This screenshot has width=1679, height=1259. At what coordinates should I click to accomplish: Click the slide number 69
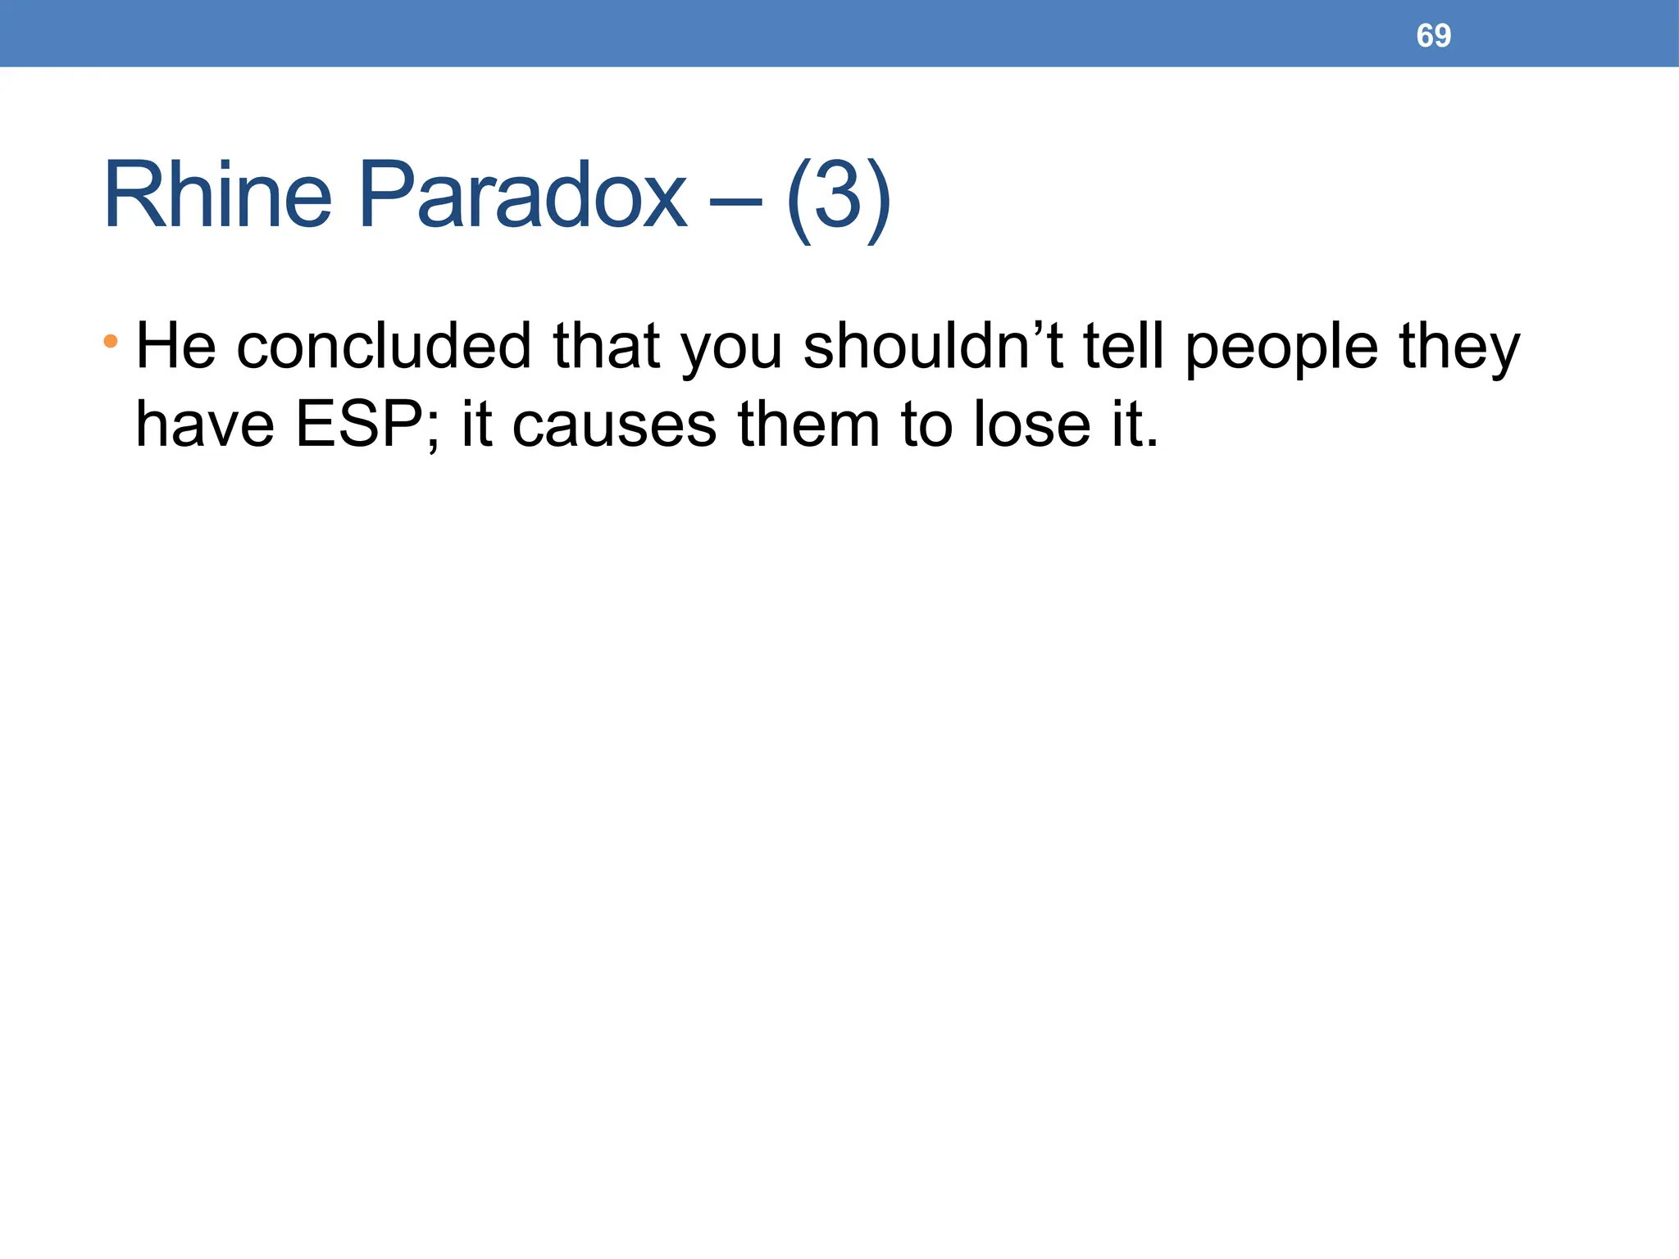click(1433, 36)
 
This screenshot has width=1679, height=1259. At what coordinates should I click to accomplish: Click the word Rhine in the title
click(217, 197)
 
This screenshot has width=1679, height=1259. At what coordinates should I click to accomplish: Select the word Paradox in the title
click(522, 197)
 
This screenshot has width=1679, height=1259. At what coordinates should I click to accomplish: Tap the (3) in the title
click(837, 198)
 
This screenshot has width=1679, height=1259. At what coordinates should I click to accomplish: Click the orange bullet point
click(111, 340)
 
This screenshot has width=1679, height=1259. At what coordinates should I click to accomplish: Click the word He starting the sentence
click(175, 347)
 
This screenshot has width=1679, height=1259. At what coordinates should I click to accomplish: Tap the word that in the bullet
click(606, 347)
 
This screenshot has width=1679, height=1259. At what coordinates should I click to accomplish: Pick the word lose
click(1031, 425)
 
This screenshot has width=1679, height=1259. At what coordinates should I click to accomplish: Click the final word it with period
click(1135, 425)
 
